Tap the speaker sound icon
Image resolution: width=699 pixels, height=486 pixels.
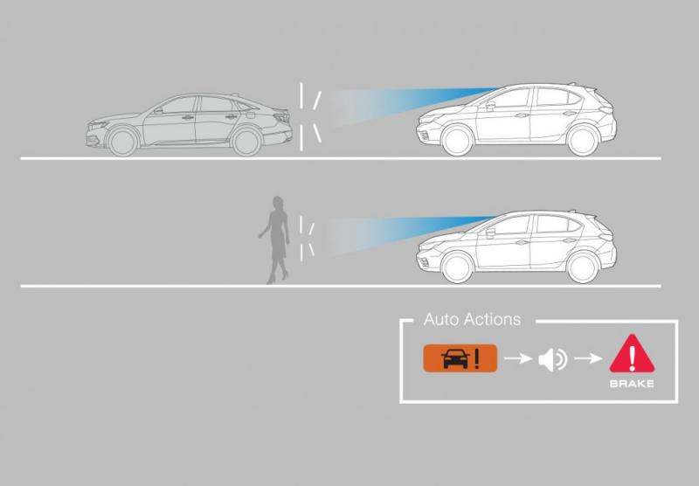[x=552, y=359]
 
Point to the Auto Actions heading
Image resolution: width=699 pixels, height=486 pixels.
[x=472, y=319]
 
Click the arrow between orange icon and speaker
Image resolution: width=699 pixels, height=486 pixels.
[x=518, y=359]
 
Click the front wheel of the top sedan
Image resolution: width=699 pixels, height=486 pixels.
[x=124, y=140]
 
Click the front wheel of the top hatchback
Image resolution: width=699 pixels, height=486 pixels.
[x=454, y=141]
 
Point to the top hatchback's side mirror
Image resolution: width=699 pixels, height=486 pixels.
[x=489, y=107]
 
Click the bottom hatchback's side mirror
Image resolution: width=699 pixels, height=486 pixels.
[x=489, y=233]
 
